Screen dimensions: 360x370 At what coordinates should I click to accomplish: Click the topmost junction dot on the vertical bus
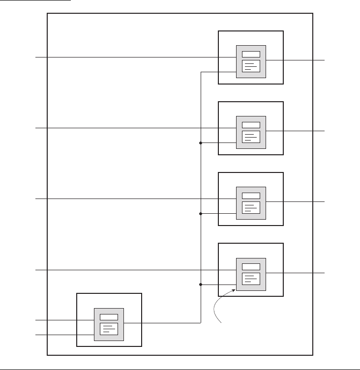(x=201, y=143)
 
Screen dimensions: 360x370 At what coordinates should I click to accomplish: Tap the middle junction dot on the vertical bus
(x=201, y=214)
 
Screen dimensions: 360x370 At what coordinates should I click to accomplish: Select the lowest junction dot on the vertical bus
(x=201, y=285)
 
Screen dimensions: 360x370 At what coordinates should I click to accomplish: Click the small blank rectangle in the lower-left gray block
(x=109, y=317)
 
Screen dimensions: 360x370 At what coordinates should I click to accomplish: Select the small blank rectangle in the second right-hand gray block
(x=251, y=125)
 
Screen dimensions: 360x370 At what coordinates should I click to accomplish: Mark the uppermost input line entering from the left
(x=123, y=57)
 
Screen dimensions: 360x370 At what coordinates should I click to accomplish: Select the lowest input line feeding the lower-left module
(x=54, y=335)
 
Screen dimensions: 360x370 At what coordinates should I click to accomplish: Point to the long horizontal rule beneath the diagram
(x=180, y=368)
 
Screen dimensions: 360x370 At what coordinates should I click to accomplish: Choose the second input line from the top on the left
(x=123, y=128)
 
